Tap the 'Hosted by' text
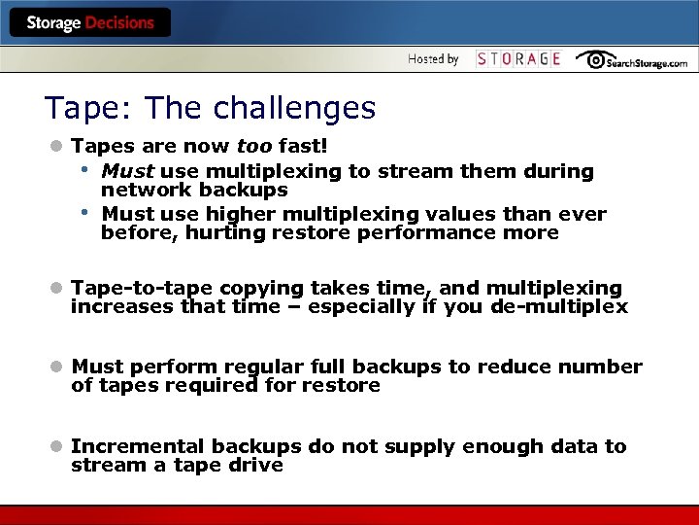433,59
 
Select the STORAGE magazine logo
518,59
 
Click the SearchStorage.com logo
631,60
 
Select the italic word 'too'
255,147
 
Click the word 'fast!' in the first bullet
303,147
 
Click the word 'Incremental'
138,446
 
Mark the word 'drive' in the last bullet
256,465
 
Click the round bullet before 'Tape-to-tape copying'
57,289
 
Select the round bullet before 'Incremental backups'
57,446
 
